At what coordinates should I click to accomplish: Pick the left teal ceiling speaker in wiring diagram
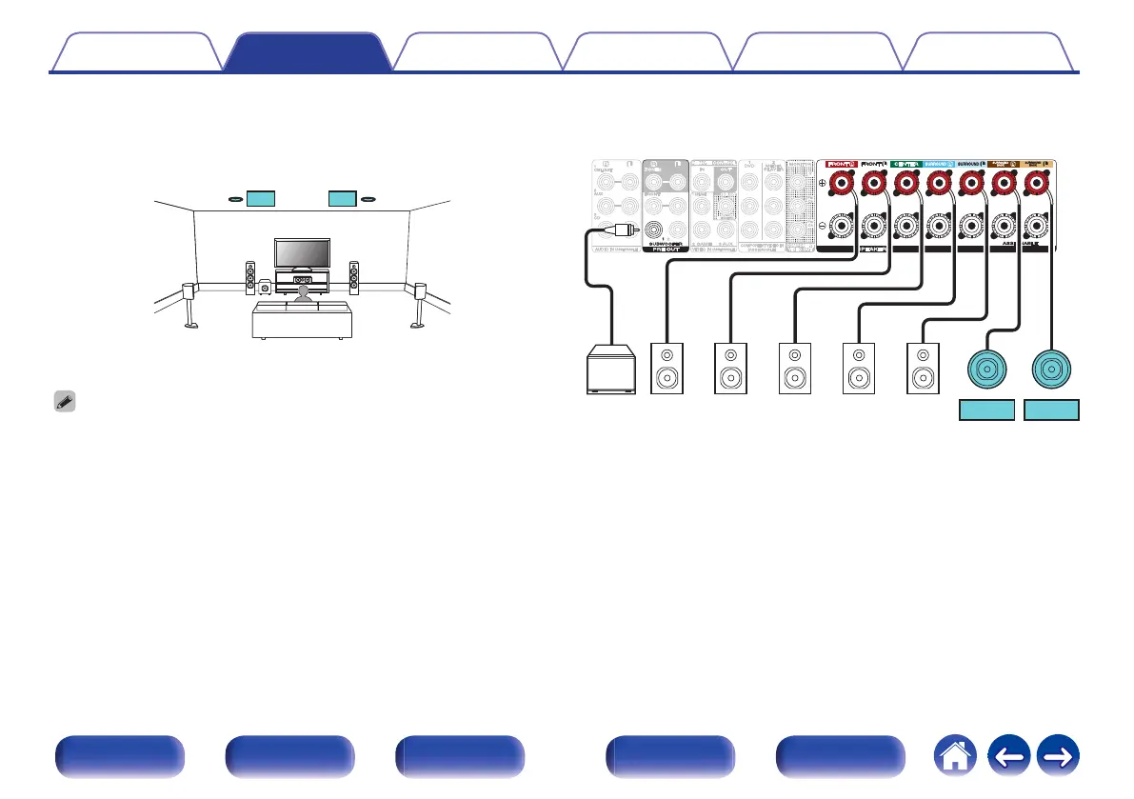click(x=987, y=369)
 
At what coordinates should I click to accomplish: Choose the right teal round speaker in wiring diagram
click(x=1052, y=369)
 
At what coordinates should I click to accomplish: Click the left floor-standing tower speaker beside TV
click(x=250, y=277)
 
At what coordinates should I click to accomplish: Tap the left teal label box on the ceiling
click(x=260, y=199)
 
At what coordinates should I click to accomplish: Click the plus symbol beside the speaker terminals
click(x=823, y=184)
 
